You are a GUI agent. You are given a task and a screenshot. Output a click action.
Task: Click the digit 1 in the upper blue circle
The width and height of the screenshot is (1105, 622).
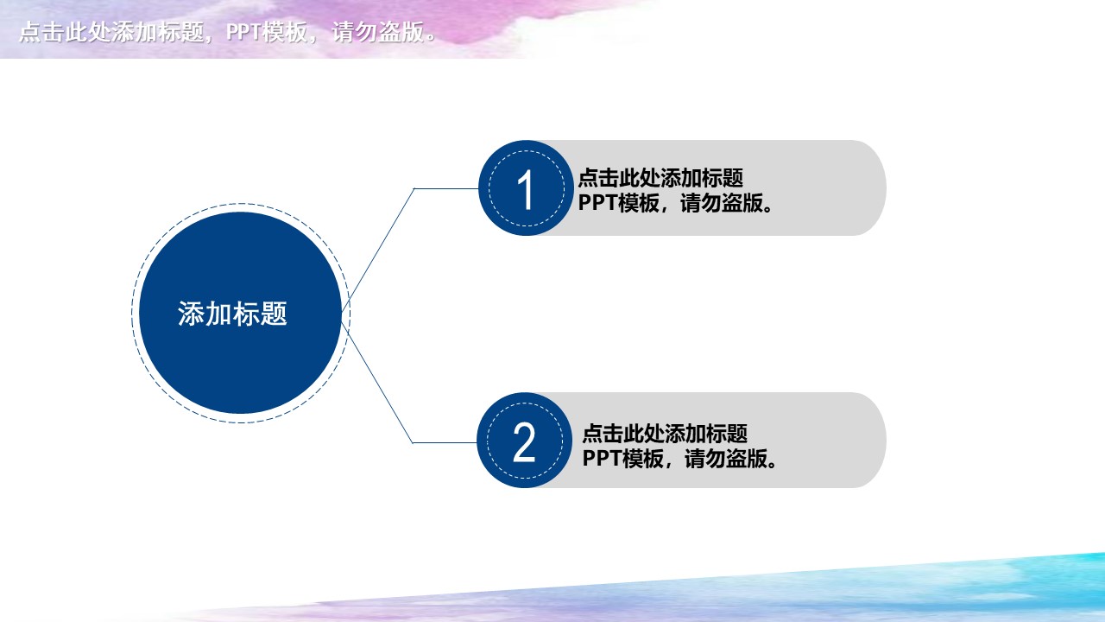coord(525,189)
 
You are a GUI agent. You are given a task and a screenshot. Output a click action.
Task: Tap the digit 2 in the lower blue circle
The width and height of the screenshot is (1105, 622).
coord(524,442)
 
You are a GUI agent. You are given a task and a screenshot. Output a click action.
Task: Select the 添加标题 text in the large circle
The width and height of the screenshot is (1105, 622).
coord(232,314)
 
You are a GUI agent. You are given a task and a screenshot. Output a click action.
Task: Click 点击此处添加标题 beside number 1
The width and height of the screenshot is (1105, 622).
coord(660,179)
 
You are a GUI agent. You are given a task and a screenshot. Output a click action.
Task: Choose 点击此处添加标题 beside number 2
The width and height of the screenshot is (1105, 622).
coord(665,433)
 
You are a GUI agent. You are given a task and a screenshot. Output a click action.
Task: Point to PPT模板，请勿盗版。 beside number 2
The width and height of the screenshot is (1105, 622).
coord(679,458)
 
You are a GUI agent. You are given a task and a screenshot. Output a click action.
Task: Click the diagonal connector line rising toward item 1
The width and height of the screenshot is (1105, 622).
coord(378,249)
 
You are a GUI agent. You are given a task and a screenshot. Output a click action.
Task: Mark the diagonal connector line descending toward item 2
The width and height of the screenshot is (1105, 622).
coord(377,381)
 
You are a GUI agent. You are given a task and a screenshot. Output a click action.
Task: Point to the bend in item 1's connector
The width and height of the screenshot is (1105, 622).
coord(414,188)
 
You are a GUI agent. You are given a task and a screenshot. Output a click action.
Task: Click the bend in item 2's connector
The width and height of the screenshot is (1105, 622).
coord(413,442)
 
